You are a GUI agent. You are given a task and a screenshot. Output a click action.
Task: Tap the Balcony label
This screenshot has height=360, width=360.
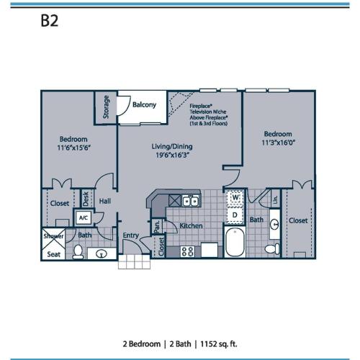pos(144,105)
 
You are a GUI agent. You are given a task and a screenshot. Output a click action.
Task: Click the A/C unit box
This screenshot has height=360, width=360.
pos(83,217)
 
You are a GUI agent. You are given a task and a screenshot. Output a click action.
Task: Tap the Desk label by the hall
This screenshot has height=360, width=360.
pos(85,197)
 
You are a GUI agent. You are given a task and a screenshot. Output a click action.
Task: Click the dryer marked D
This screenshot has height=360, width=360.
pos(235,214)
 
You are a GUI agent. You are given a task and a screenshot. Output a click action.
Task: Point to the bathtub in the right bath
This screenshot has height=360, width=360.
pos(235,243)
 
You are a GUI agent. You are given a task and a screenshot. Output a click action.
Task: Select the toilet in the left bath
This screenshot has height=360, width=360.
pos(78,251)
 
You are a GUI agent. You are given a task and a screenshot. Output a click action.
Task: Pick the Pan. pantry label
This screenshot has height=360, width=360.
pos(156,228)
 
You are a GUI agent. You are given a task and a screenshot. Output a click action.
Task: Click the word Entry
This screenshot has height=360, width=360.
pos(130,235)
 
